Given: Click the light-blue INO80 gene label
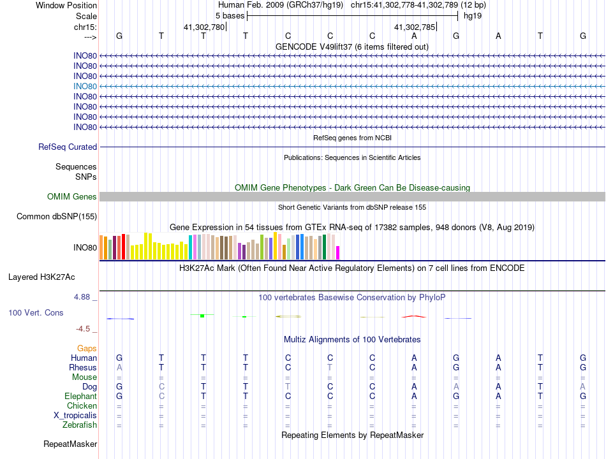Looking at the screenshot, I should [85, 86].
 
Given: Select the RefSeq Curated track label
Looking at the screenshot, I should [68, 147].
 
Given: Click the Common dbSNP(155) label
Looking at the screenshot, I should [57, 217].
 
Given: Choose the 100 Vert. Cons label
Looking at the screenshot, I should [36, 313].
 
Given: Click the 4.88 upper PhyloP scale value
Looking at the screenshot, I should [84, 297].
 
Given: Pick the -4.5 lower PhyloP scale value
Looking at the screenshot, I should [84, 329].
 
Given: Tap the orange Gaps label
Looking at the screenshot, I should [87, 348].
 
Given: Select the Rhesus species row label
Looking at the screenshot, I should [83, 368].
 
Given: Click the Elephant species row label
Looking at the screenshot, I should [80, 397].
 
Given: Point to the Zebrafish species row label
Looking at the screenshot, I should [80, 425].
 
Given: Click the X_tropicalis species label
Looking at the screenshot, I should [75, 416].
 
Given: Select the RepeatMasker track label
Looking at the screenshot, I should [70, 444].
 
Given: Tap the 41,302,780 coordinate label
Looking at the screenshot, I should [204, 27].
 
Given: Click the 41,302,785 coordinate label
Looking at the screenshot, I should [415, 27].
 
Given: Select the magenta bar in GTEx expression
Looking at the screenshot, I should [338, 253].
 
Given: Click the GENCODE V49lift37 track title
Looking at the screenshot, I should [351, 47].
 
